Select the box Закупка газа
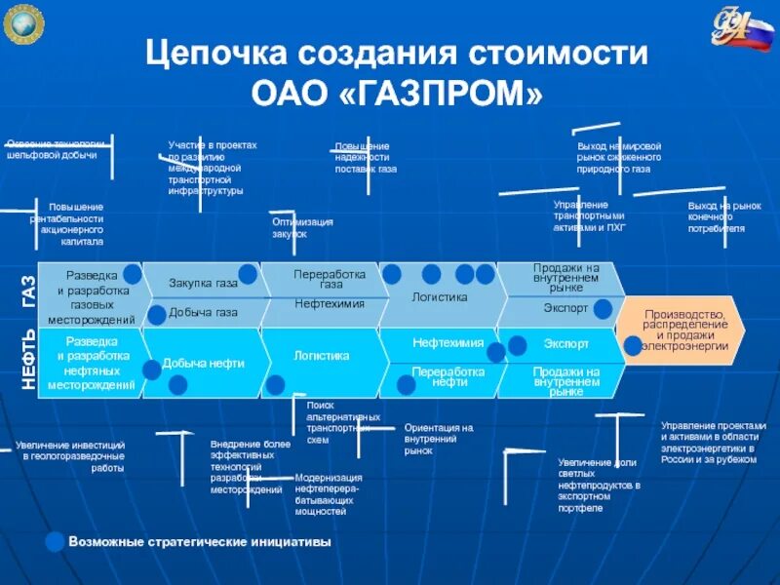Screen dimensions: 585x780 tap(203, 284)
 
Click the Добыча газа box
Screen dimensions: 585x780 tap(203, 313)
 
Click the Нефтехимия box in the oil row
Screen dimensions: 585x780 tap(448, 343)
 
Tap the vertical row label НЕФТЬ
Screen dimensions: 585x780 tap(27, 361)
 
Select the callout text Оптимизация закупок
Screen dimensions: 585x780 tap(301, 228)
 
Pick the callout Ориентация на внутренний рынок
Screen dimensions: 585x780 tap(439, 439)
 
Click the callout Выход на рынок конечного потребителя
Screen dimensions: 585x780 tap(722, 217)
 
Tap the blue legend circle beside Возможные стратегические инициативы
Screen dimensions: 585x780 tap(57, 541)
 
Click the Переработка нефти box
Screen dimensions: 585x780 tap(448, 377)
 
